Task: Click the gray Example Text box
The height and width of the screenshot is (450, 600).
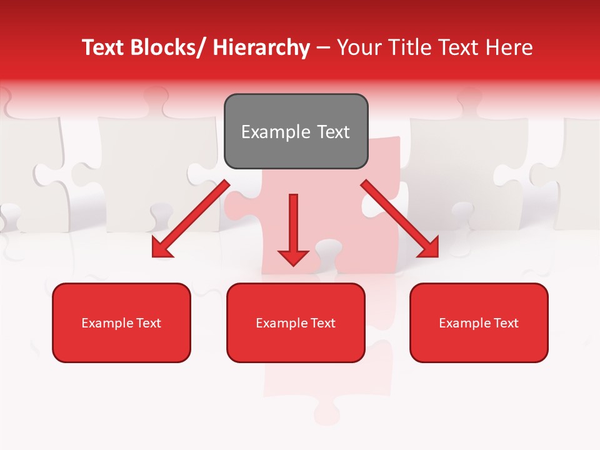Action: [x=296, y=131]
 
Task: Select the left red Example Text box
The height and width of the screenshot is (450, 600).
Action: [x=121, y=322]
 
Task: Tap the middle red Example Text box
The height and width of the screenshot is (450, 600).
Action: [x=296, y=322]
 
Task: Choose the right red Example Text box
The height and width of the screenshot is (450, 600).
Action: [x=479, y=322]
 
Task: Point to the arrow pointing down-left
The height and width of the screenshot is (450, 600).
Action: [x=191, y=219]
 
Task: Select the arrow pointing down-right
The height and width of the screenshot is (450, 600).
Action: [x=400, y=219]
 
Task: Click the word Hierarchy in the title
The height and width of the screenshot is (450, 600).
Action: [x=261, y=47]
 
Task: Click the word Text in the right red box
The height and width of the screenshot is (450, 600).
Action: [x=506, y=323]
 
